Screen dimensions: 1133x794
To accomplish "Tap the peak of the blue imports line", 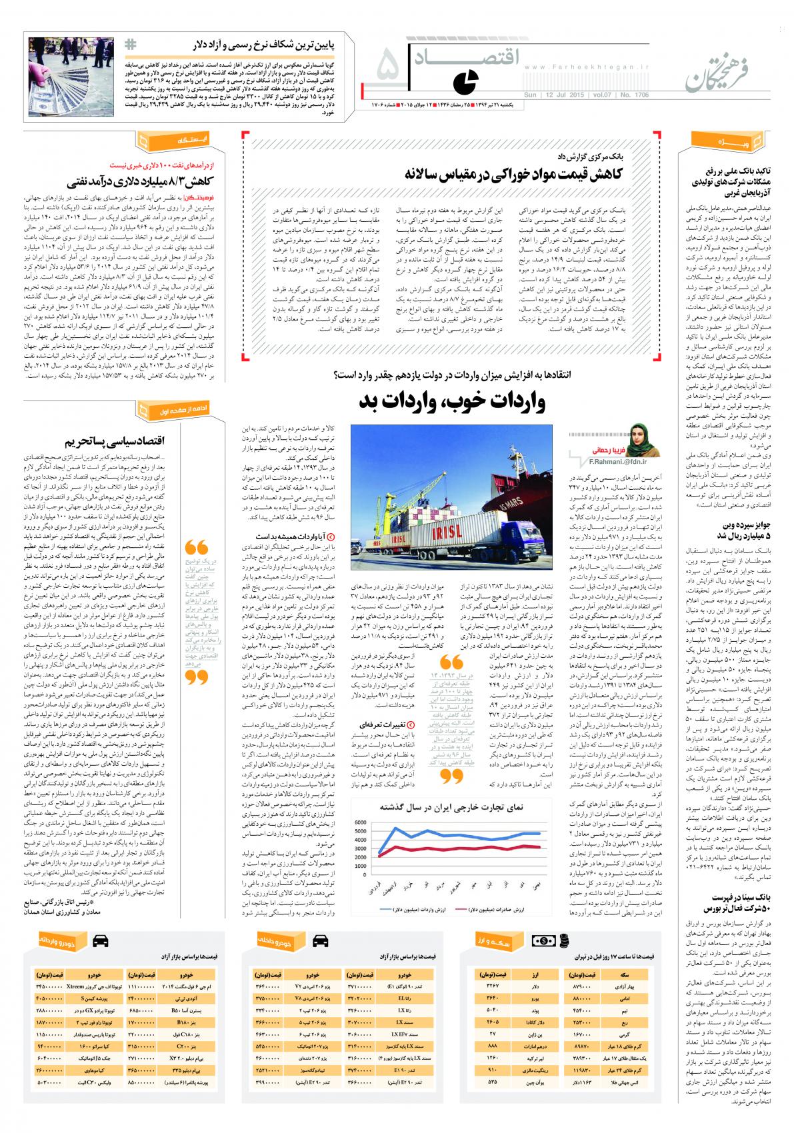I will tap(394, 828).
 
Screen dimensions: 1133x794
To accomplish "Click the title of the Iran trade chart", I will tap(453, 807).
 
